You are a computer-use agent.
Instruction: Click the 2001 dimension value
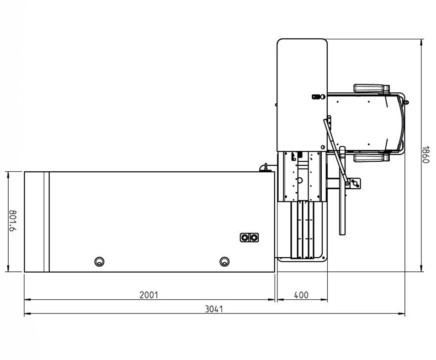(149, 295)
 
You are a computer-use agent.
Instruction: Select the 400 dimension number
(301, 295)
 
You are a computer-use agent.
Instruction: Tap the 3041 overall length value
(214, 309)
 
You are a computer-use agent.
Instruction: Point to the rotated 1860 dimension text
(425, 154)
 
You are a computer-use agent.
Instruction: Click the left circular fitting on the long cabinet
(99, 262)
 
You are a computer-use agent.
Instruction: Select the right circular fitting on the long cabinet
(224, 262)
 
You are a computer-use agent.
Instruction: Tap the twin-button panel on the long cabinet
(249, 238)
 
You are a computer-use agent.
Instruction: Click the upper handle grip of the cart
(371, 88)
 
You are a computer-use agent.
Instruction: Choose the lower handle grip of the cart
(371, 158)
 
